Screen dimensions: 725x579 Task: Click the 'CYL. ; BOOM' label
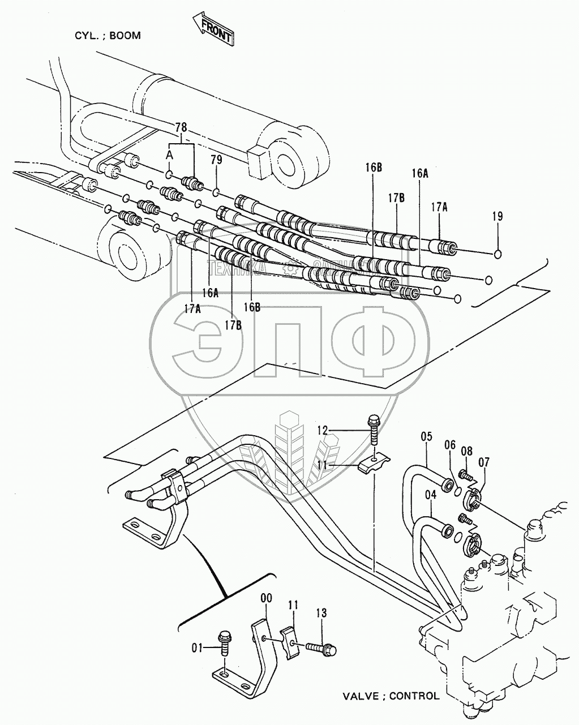(108, 35)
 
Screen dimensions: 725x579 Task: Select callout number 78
(181, 127)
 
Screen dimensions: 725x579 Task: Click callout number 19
(497, 216)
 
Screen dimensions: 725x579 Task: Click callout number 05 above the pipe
(427, 436)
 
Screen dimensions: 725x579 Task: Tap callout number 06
(450, 445)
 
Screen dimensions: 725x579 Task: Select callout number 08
(466, 451)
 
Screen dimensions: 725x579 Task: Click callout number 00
(266, 598)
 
